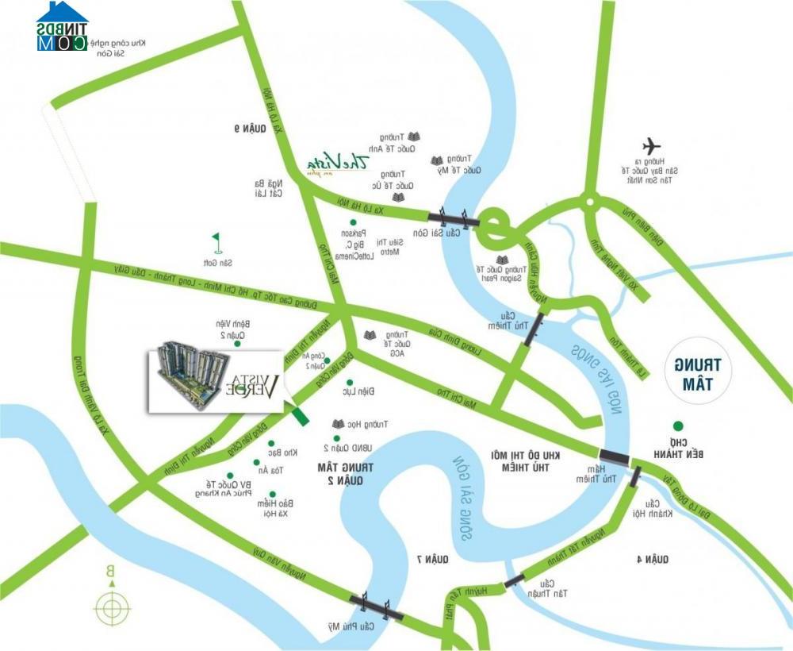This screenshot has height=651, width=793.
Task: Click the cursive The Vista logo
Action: pyautogui.click(x=341, y=162)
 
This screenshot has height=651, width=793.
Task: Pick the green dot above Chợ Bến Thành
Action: pyautogui.click(x=677, y=426)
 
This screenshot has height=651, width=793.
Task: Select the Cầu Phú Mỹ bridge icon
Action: pyautogui.click(x=377, y=606)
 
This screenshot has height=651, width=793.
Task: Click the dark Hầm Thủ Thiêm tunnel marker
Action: pyautogui.click(x=614, y=456)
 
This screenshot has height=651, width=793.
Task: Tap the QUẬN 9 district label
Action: pyautogui.click(x=248, y=129)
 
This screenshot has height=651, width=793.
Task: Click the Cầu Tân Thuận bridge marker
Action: pyautogui.click(x=514, y=580)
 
